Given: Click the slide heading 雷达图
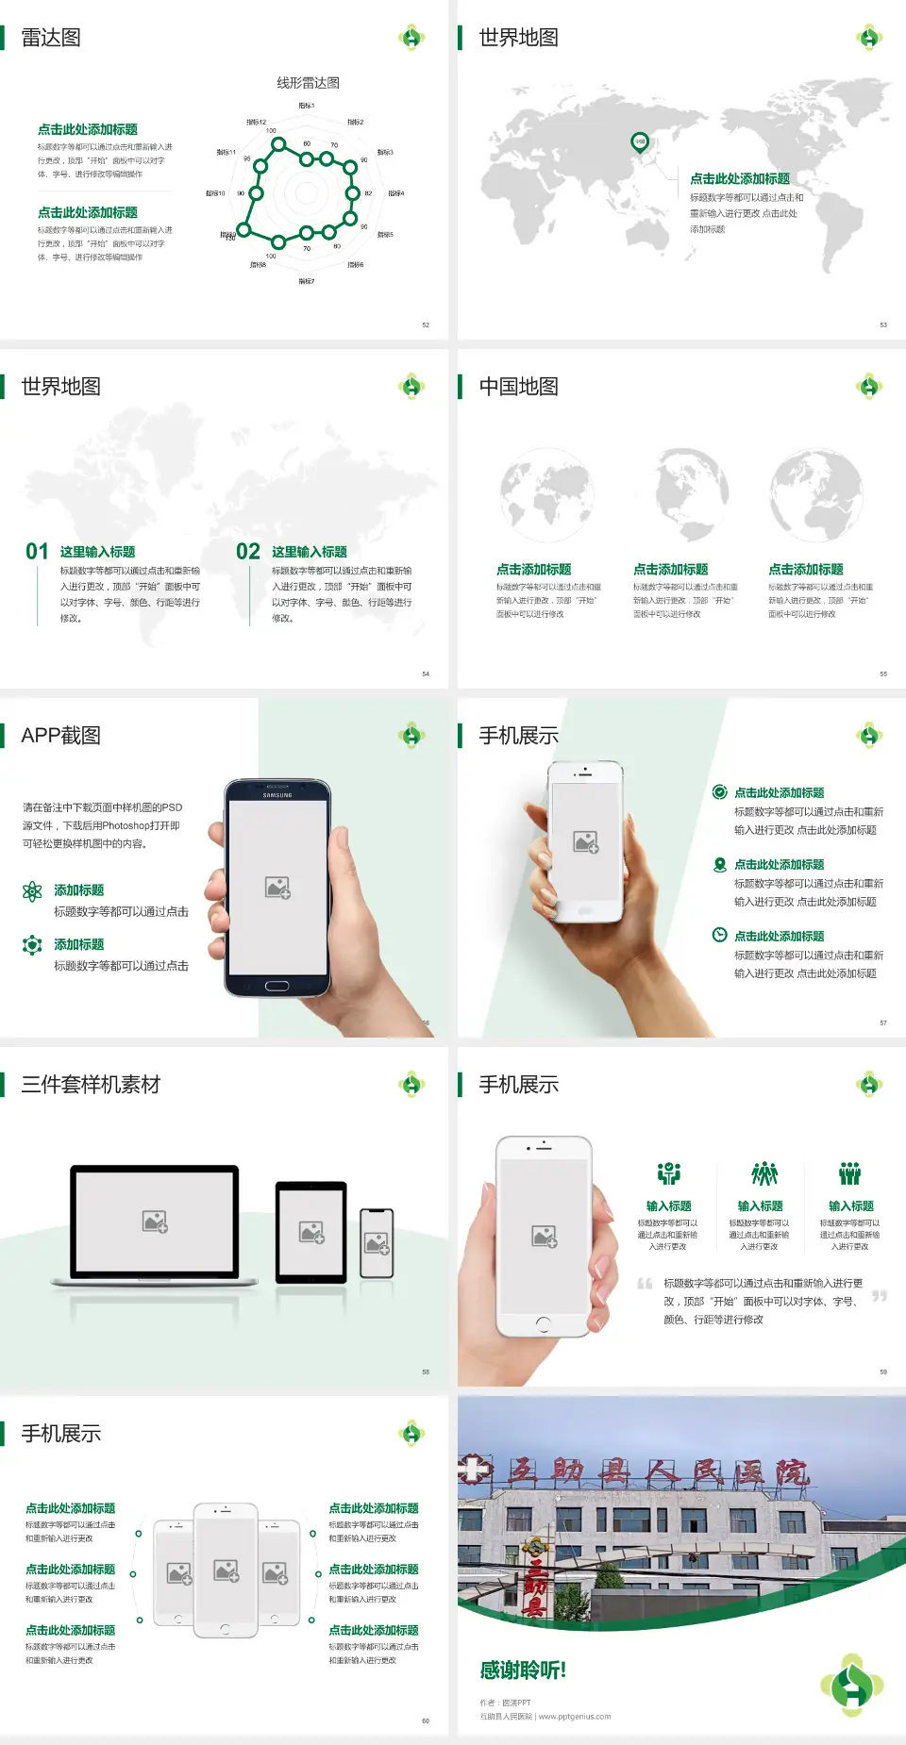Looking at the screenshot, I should tap(51, 38).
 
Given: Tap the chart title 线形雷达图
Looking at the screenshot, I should tap(308, 83).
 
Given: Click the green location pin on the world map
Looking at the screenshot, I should tap(639, 142).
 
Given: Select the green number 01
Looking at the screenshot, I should tap(37, 552).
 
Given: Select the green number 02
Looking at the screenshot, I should tap(248, 552).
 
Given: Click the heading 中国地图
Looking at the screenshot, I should tap(518, 387).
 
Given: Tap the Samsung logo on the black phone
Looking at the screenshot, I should tap(277, 795).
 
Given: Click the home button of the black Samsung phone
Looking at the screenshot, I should tap(277, 986).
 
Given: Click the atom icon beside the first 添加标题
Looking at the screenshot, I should tap(32, 891).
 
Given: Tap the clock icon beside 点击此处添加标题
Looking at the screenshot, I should tap(719, 935).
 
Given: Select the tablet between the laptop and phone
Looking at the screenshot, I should tap(311, 1232).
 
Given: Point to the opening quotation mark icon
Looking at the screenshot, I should tap(645, 1284).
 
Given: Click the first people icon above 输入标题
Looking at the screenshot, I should tap(668, 1173).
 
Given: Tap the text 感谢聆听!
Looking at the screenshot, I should tap(523, 1670).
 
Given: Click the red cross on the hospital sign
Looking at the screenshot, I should tap(476, 1470).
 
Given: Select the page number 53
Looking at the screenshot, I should tap(883, 324).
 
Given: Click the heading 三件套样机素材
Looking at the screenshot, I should tap(91, 1085).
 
